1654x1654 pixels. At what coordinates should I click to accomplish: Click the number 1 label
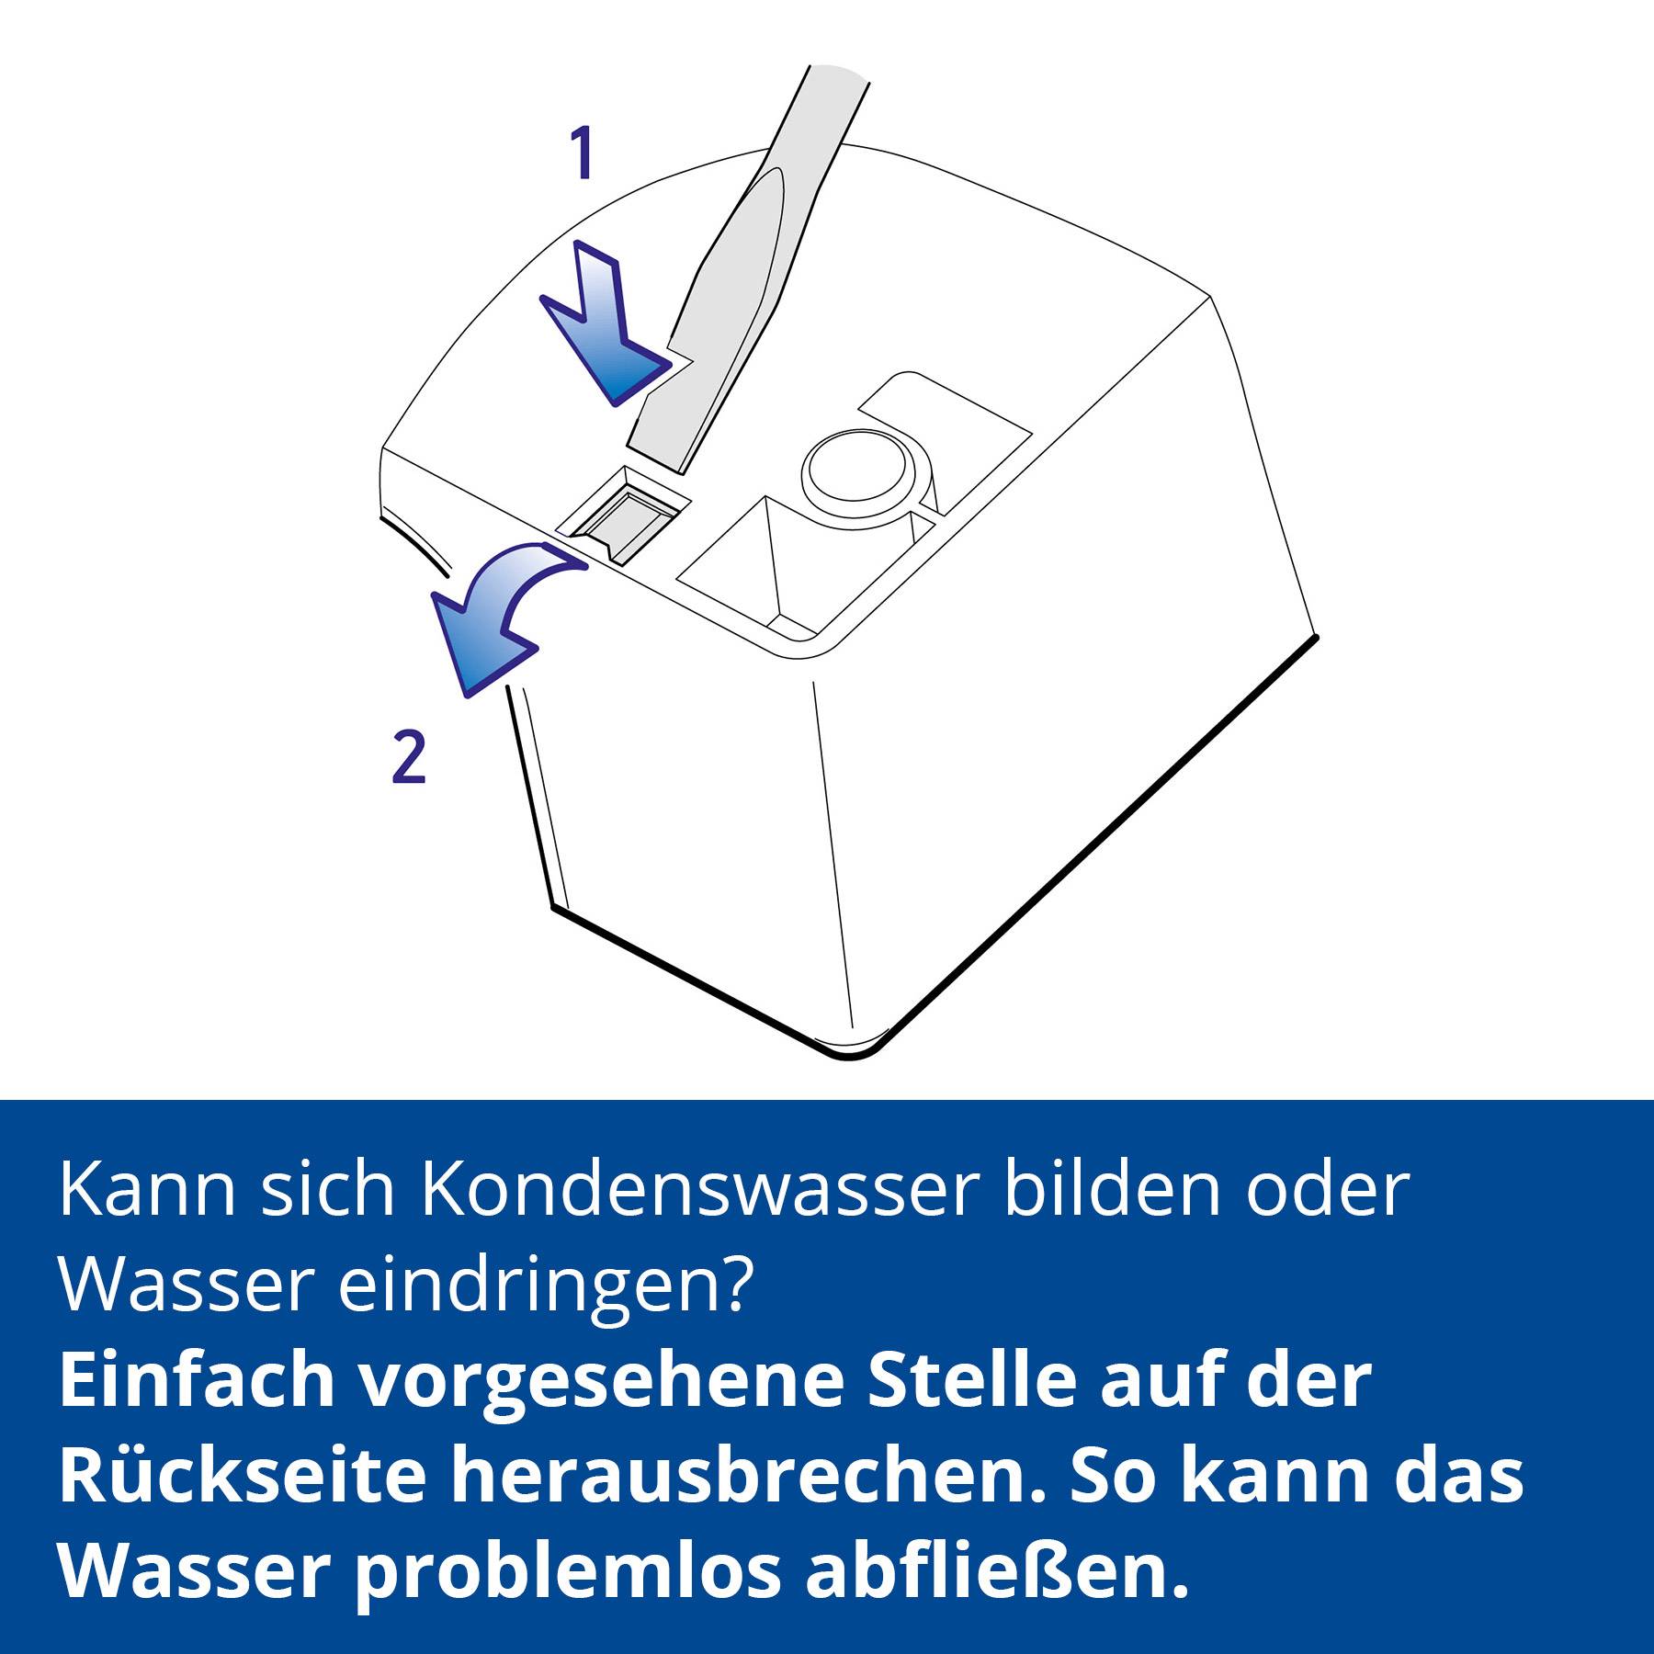pos(581,154)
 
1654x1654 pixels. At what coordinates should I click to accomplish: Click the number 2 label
pos(409,756)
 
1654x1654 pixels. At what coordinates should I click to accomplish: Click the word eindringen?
pos(546,1285)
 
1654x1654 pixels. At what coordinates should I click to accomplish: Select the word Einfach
pos(196,1381)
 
